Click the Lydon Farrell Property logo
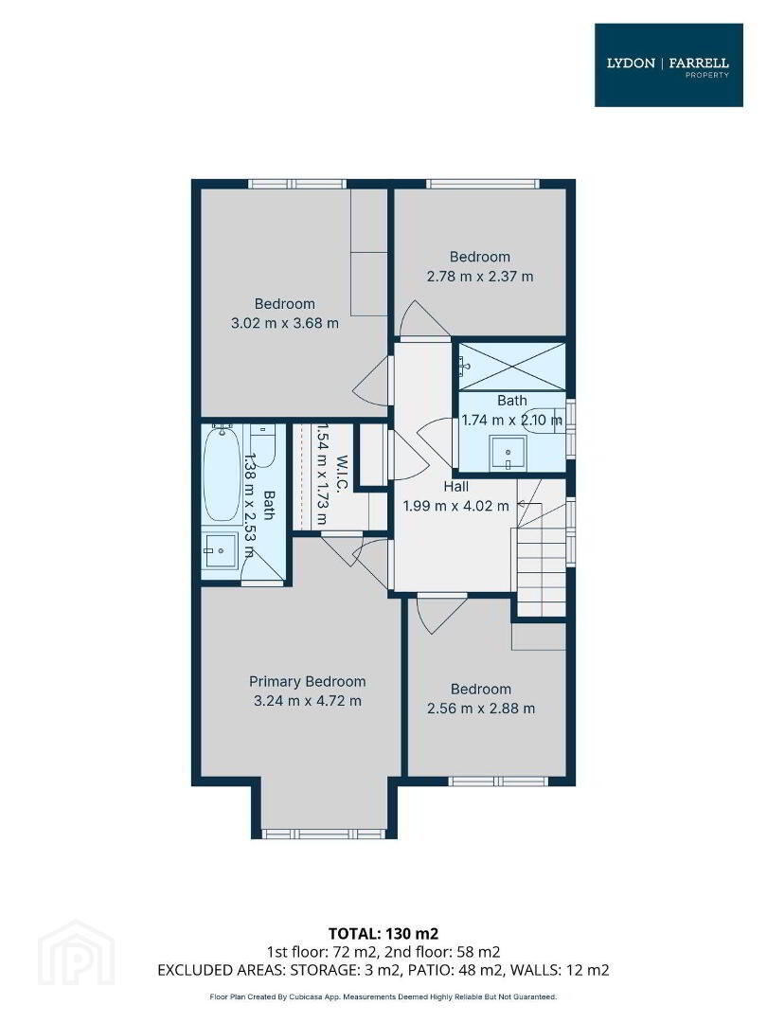669,64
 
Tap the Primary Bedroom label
307,682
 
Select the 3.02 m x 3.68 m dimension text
285,323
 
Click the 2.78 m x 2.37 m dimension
480,276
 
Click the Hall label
455,487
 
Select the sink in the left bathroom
221,552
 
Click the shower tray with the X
512,367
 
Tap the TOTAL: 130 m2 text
383,934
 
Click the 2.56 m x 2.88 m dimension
481,709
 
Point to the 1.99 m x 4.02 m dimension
455,506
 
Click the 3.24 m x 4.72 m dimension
307,701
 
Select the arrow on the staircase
529,505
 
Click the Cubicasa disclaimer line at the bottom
383,996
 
